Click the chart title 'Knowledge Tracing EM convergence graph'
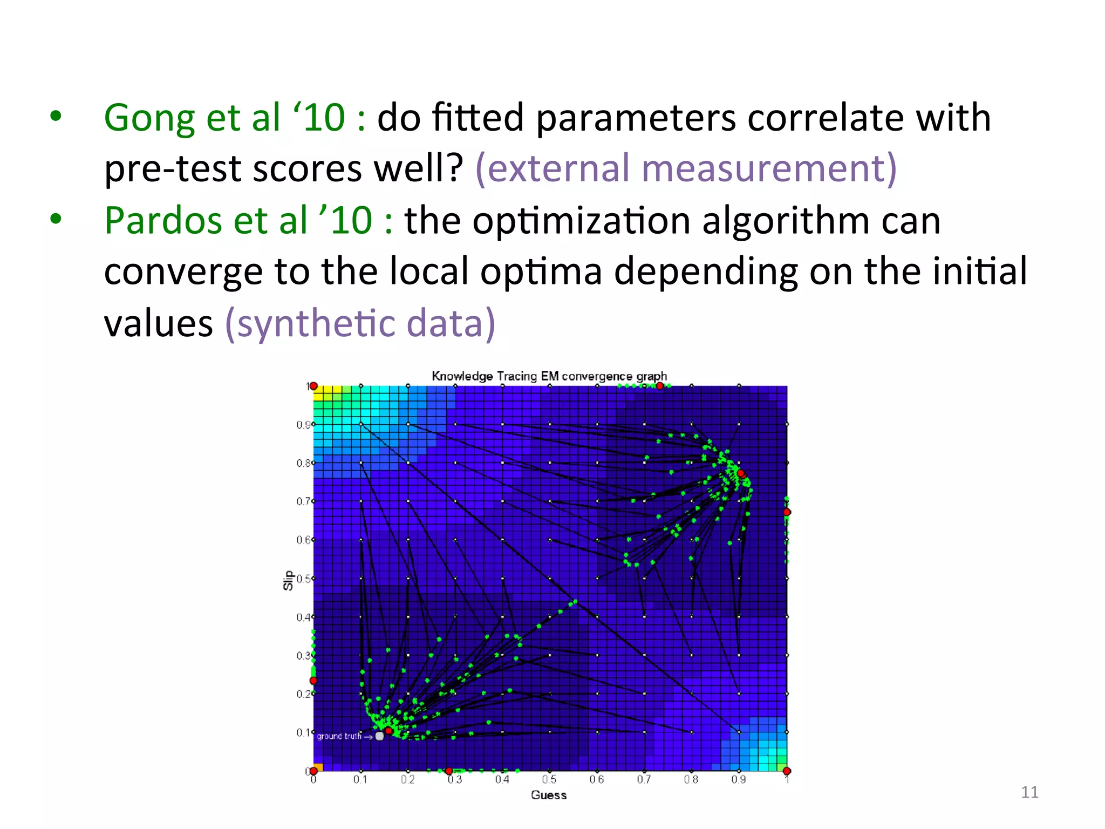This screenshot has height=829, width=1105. [549, 376]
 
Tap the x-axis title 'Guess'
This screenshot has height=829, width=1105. [549, 795]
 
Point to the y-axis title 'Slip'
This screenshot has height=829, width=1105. [288, 580]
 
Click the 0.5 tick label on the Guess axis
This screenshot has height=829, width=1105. [549, 779]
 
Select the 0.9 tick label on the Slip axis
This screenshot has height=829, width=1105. [303, 425]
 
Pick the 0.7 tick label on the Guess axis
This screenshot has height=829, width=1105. [644, 779]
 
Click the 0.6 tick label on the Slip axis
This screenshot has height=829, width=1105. [303, 540]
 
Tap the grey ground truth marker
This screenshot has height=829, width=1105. [380, 736]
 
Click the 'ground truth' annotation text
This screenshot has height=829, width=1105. [339, 736]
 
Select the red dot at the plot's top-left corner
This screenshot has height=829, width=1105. [313, 386]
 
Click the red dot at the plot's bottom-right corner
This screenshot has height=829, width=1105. [787, 771]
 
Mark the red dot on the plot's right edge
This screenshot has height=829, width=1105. [787, 512]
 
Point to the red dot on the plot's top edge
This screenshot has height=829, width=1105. [659, 386]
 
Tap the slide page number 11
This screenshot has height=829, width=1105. [1029, 792]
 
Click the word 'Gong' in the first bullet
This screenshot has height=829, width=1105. [149, 119]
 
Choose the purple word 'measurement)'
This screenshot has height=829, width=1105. [769, 168]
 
